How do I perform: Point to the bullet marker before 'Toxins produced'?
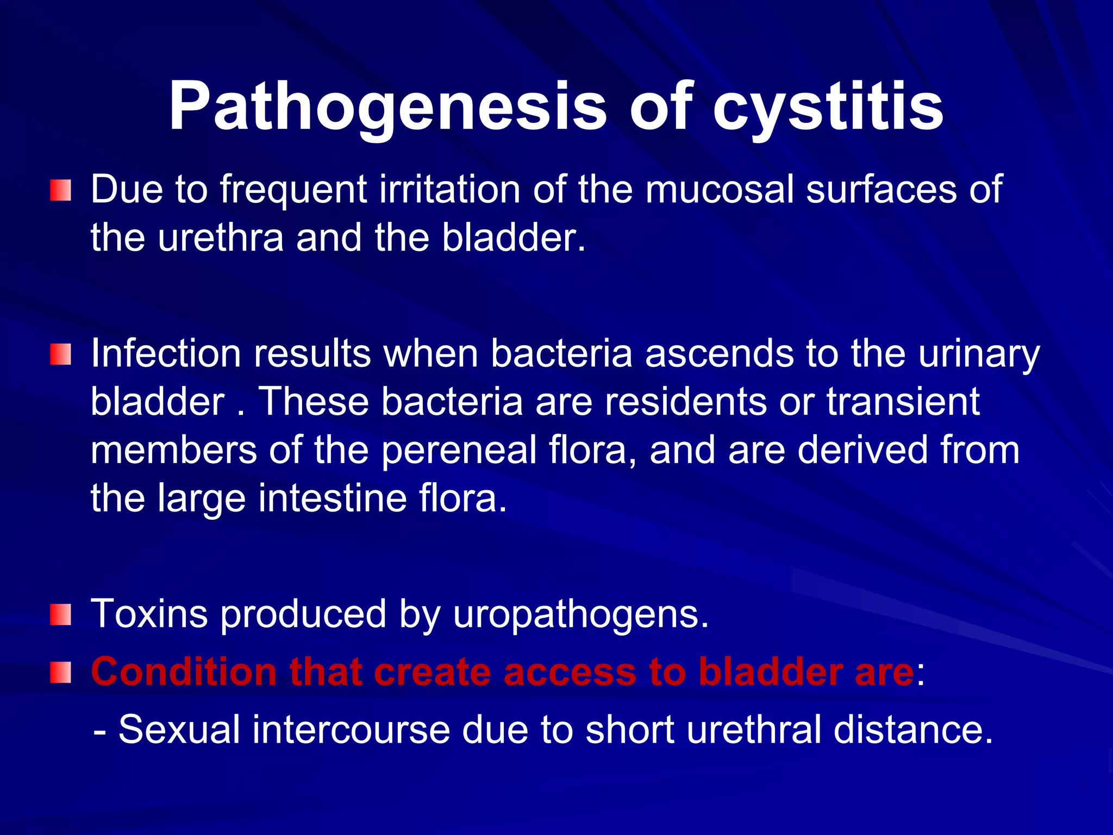point(60,615)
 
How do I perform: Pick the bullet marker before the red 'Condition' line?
point(60,672)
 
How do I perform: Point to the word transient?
point(903,402)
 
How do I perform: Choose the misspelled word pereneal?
point(459,450)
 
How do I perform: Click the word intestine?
point(332,498)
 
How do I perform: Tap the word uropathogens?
point(580,614)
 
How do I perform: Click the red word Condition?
point(184,672)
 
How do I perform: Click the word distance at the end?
point(913,730)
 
